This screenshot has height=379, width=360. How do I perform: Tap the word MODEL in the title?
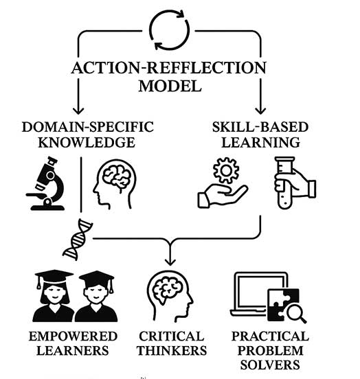(x=170, y=86)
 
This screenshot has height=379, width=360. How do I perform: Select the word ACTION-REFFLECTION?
(x=169, y=68)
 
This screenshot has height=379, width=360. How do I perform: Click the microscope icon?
(x=46, y=184)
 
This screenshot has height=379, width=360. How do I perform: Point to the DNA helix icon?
(x=78, y=240)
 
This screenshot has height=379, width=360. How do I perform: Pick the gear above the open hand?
(x=226, y=170)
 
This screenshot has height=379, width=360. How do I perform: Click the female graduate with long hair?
(x=54, y=296)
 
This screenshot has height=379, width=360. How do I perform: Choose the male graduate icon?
(x=96, y=297)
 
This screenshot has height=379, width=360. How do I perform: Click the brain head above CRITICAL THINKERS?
(x=170, y=297)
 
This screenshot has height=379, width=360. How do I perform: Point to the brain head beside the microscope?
(x=115, y=184)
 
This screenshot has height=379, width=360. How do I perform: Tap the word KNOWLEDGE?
(x=87, y=142)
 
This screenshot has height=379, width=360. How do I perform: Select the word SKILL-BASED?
(x=260, y=127)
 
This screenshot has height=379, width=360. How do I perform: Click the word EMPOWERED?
(x=73, y=336)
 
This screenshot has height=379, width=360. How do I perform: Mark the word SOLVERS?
(x=270, y=365)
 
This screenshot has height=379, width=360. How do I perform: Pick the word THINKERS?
(x=172, y=351)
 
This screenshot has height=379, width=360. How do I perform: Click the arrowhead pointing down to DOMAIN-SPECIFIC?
(x=78, y=111)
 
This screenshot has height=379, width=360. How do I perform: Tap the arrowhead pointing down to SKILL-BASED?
(x=260, y=111)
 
